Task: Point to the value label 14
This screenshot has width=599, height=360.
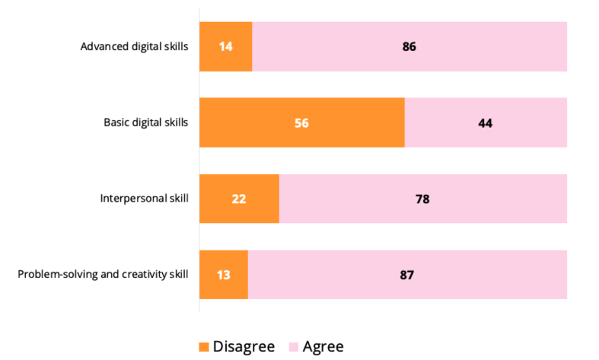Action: (226, 46)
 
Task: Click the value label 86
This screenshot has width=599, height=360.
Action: (409, 46)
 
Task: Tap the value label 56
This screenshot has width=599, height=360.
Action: (302, 123)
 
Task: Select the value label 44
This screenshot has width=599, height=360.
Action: (486, 123)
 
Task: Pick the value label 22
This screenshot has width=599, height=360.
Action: (239, 199)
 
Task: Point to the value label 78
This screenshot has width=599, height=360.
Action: (422, 199)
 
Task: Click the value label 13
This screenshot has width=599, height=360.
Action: (224, 275)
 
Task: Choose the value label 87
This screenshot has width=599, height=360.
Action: (407, 275)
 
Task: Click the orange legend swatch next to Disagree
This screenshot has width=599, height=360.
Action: (203, 347)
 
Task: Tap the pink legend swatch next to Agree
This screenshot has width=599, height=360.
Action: (292, 347)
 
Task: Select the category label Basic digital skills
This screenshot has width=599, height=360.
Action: (145, 123)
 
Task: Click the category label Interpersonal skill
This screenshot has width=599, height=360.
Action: (144, 199)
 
